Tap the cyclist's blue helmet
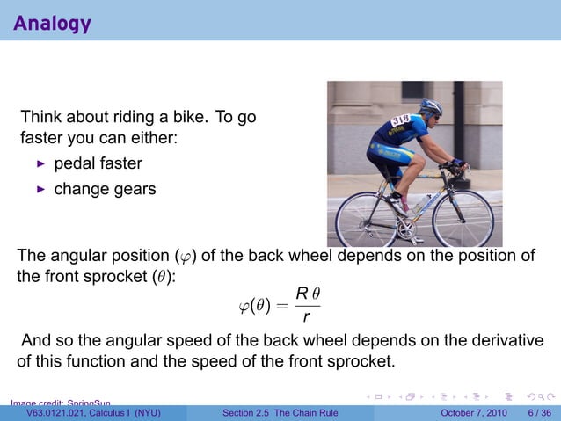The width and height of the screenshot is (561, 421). click(x=431, y=107)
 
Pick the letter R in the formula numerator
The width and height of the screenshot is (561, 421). click(x=301, y=292)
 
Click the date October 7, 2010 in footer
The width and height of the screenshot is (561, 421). click(x=473, y=413)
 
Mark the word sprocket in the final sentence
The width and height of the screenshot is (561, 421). click(x=346, y=361)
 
